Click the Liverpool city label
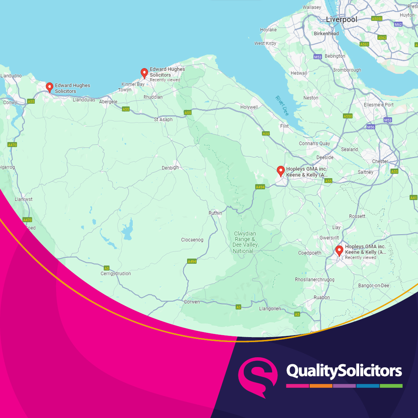[341, 19]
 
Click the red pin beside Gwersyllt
[339, 250]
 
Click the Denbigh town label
[170, 168]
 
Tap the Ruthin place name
[215, 213]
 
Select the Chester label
[380, 161]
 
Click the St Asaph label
[163, 120]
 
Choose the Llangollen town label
[270, 308]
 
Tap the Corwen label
[192, 302]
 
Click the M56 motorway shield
[371, 127]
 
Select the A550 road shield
[348, 116]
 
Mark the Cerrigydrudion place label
[116, 274]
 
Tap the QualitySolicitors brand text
[344, 371]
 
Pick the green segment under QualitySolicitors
[391, 386]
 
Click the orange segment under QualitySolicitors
[321, 386]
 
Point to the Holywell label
[248, 107]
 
